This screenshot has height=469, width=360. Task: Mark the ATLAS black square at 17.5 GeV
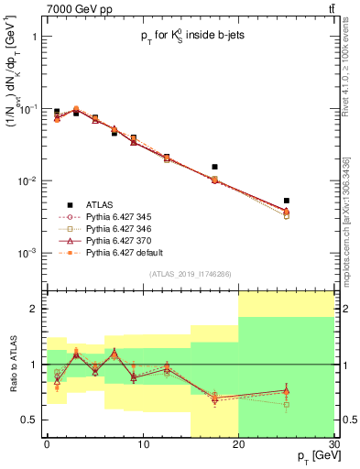coord(214,167)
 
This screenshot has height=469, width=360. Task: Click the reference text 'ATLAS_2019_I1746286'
coord(188,274)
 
